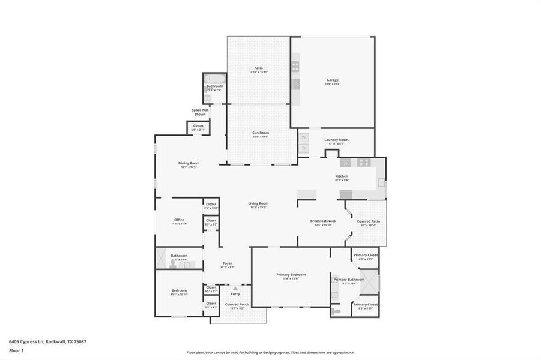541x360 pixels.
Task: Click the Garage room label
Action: coord(333,80)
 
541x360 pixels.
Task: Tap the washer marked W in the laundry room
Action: coord(304,137)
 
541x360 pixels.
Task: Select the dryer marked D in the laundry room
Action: coord(304,148)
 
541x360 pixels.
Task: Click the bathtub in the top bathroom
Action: coord(214,78)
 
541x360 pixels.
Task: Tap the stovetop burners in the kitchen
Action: coord(364,163)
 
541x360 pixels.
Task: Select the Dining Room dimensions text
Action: coord(189,167)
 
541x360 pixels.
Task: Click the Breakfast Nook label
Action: coord(323,221)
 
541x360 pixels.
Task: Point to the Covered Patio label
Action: coord(368,221)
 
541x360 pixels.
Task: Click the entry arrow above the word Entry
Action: coord(235,289)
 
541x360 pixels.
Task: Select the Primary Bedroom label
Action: coord(291,275)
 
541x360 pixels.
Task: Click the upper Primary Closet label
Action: coord(365,255)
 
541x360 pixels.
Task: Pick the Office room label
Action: coord(179,220)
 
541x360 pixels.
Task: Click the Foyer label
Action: coord(228,263)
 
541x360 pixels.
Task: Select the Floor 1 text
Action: coord(16,350)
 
